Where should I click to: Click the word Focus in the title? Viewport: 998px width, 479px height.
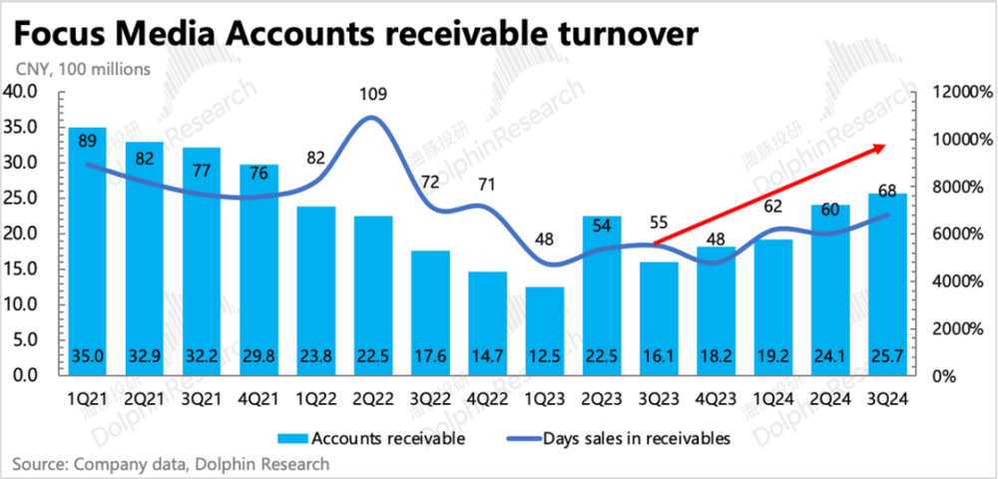62,35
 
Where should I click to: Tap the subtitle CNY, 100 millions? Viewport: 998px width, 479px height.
83,70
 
